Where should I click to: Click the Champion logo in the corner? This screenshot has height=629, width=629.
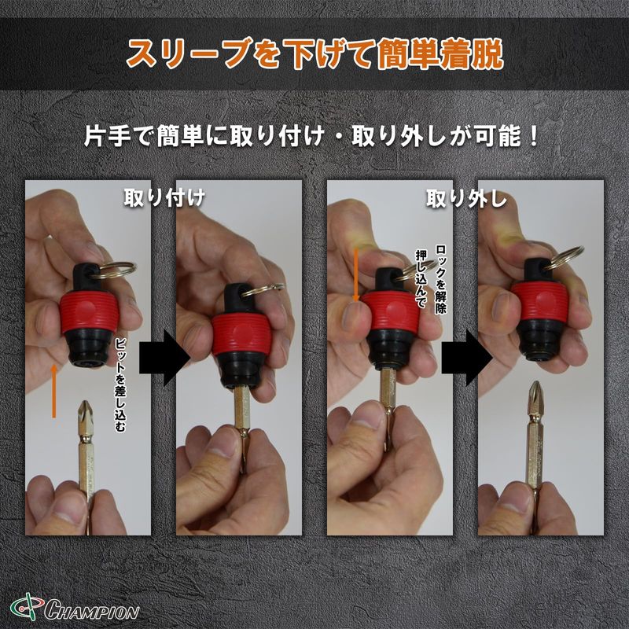click(x=75, y=611)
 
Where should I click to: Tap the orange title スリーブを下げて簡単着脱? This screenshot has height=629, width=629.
click(x=315, y=53)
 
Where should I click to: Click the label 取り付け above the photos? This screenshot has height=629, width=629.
click(x=164, y=198)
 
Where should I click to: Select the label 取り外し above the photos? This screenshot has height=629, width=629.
click(x=466, y=199)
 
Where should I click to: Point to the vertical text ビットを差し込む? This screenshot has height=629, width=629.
click(x=120, y=384)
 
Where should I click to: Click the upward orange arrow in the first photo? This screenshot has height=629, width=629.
click(x=53, y=391)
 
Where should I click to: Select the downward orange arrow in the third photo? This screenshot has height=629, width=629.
click(x=355, y=275)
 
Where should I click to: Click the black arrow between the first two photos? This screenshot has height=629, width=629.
click(x=165, y=358)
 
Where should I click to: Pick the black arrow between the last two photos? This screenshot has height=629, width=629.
click(x=467, y=358)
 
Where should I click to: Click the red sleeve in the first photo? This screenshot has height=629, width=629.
click(x=89, y=311)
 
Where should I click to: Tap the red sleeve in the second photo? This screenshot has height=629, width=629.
click(x=240, y=335)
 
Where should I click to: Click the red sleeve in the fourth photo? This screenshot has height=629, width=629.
click(x=539, y=302)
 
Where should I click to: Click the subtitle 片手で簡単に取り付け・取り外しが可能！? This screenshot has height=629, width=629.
click(x=312, y=136)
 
